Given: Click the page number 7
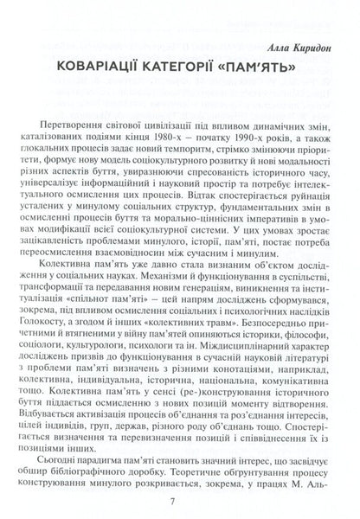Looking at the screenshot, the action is pyautogui.click(x=180, y=500).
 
